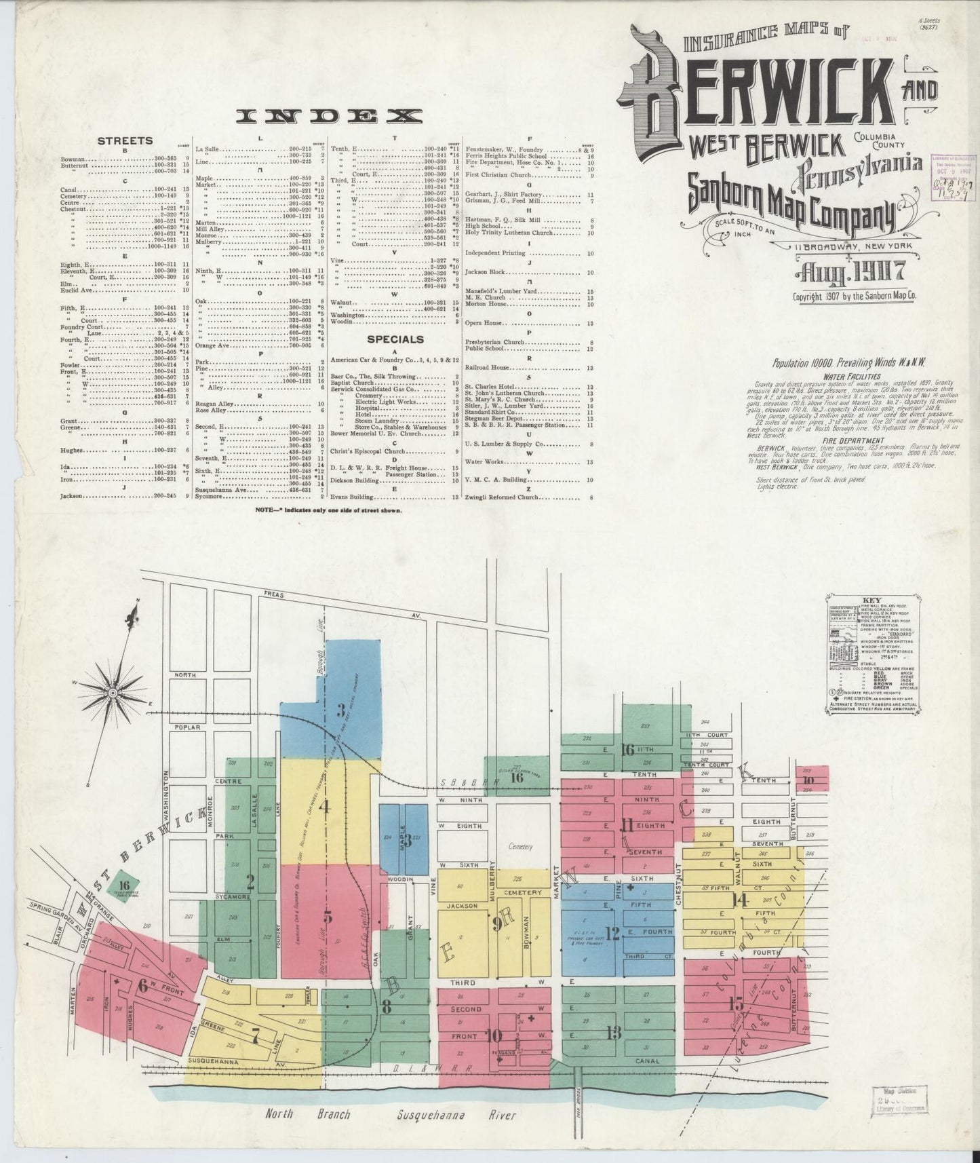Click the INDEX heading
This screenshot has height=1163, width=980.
[x=329, y=116]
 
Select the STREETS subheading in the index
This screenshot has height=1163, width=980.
[x=125, y=141]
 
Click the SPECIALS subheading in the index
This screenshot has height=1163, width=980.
[x=396, y=339]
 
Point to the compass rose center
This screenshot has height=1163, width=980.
[x=113, y=693]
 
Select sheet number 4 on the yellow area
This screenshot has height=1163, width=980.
[x=324, y=807]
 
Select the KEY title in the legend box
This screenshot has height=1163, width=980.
[x=871, y=600]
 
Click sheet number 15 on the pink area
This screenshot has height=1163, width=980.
[x=737, y=1002]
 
